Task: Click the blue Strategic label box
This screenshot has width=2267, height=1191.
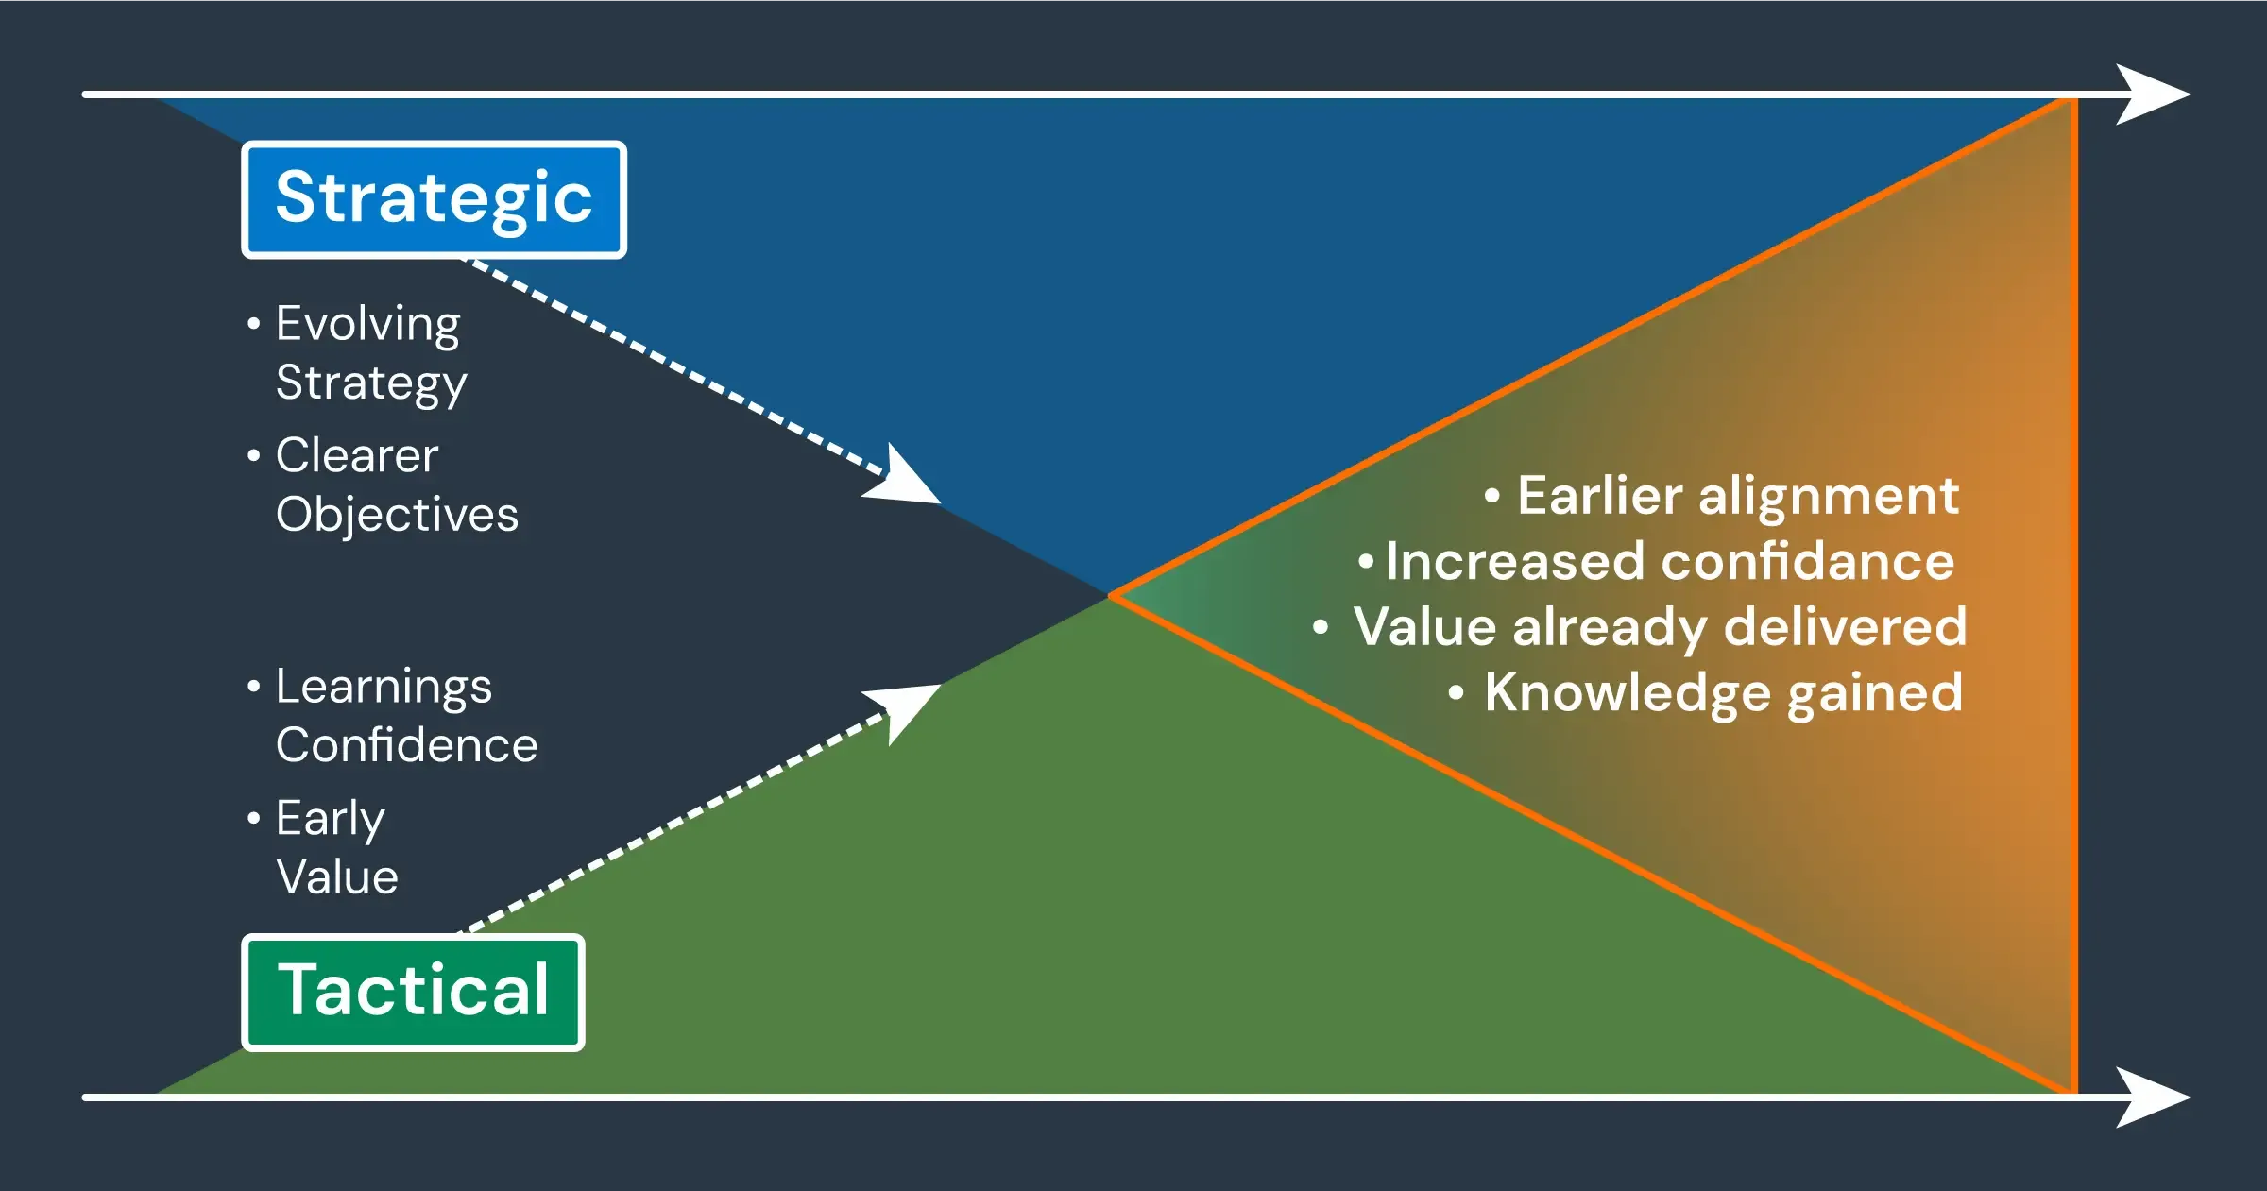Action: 434,199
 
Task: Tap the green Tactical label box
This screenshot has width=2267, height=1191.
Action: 413,992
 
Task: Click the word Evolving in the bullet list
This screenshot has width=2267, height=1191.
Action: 367,324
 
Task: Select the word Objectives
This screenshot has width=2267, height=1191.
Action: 397,515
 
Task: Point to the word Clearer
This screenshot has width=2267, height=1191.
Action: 357,455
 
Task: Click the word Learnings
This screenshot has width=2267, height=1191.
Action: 384,687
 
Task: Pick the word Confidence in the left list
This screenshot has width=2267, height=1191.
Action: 406,745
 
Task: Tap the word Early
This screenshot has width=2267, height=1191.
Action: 330,818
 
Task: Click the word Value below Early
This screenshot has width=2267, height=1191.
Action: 337,877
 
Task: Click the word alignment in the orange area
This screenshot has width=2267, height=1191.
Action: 1829,496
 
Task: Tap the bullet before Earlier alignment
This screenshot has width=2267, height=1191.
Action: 1492,496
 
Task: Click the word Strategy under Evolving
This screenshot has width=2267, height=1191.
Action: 371,383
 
